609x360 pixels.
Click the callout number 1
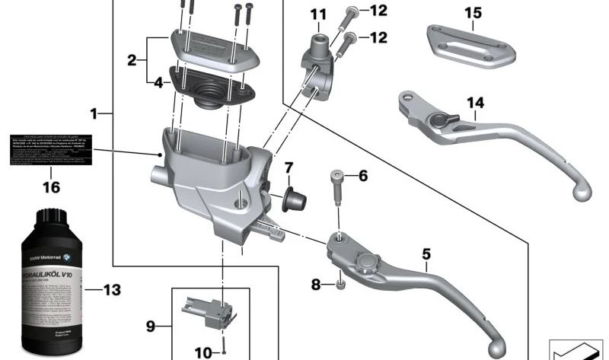94,114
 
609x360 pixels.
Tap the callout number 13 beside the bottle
112,289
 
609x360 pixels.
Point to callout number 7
289,167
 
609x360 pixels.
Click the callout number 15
473,13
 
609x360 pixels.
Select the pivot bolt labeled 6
338,187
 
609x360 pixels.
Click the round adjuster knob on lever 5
362,261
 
